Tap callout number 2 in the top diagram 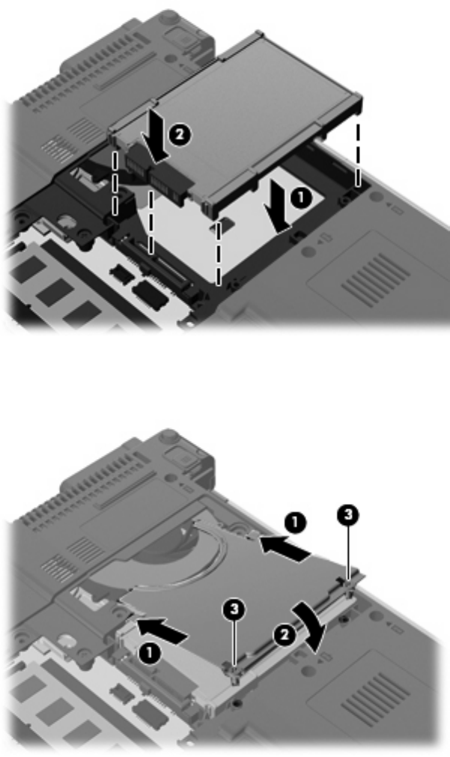179,135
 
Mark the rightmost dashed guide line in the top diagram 358,155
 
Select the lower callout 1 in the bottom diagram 149,654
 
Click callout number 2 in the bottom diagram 284,634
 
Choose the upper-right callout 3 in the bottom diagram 348,515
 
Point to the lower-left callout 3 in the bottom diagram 234,609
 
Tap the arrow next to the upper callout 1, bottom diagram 285,550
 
